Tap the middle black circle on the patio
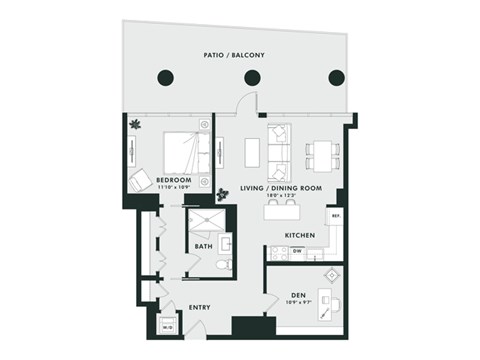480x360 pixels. pyautogui.click(x=252, y=78)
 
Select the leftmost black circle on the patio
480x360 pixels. pyautogui.click(x=166, y=78)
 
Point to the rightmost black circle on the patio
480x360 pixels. pyautogui.click(x=337, y=78)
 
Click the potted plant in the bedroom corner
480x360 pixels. pyautogui.click(x=135, y=126)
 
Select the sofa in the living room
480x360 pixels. pyautogui.click(x=278, y=148)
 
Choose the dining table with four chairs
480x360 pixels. pyautogui.click(x=320, y=151)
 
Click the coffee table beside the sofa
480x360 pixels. pyautogui.click(x=251, y=150)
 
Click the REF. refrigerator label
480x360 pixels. pyautogui.click(x=336, y=216)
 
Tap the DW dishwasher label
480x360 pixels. pyautogui.click(x=297, y=251)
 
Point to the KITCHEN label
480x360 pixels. pyautogui.click(x=300, y=236)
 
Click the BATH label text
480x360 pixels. pyautogui.click(x=203, y=246)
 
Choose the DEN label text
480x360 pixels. pyautogui.click(x=297, y=295)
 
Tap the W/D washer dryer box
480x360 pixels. pyautogui.click(x=167, y=326)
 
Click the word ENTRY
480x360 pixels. pyautogui.click(x=200, y=308)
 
